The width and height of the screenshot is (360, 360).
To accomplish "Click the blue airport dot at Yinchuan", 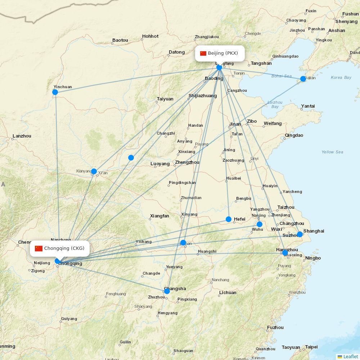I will tap(55, 92).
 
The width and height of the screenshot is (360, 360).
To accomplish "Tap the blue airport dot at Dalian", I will tap(303, 79).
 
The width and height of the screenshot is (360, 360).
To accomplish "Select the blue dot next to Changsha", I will tap(167, 291).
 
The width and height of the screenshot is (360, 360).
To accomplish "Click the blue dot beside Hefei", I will tap(229, 219).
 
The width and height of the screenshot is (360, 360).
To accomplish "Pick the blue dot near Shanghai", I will tap(300, 234).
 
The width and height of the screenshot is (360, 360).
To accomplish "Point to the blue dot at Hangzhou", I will tap(285, 253).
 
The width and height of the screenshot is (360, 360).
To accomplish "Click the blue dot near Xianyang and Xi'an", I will tap(94, 171).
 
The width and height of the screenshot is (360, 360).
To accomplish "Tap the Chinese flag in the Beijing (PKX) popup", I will tap(203, 53).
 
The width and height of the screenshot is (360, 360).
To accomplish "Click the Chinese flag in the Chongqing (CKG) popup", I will tap(39, 248).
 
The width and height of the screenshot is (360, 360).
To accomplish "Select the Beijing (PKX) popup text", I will tap(223, 53).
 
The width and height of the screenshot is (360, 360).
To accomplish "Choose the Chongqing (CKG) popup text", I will tap(64, 248).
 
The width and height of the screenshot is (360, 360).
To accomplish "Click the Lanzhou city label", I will tap(22, 136).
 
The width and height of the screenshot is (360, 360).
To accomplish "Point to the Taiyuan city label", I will tap(165, 99).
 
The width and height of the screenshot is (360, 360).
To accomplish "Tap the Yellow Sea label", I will tap(332, 152).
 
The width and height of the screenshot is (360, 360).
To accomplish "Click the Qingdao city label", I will tap(294, 135).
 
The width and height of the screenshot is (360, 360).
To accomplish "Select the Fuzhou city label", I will tap(275, 328).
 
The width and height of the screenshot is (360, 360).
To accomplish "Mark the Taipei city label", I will tap(311, 347).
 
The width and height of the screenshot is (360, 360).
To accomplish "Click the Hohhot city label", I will tap(150, 36).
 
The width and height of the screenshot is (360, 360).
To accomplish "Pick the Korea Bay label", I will tap(341, 77).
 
